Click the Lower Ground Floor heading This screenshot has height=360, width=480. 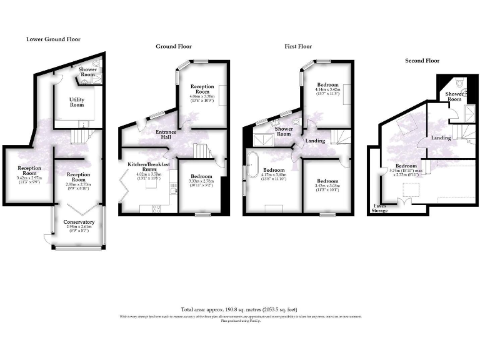click(53, 39)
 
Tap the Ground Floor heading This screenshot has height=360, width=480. click(174, 46)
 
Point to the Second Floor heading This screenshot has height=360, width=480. click(422, 61)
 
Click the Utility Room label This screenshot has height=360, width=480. click(76, 102)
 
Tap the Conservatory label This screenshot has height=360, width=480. click(79, 222)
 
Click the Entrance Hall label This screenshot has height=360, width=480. click(166, 135)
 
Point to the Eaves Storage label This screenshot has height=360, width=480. click(380, 208)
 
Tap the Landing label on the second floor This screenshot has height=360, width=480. click(441, 137)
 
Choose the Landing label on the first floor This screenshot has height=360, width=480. click(315, 141)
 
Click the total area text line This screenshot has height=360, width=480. click(239, 309)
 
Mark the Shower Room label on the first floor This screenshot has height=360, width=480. click(284, 132)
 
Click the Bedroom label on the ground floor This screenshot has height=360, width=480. click(201, 176)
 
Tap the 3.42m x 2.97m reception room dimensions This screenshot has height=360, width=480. click(29, 180)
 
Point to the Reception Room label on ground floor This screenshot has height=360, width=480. click(202, 89)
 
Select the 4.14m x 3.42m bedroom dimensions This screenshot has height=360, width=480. click(327, 92)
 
